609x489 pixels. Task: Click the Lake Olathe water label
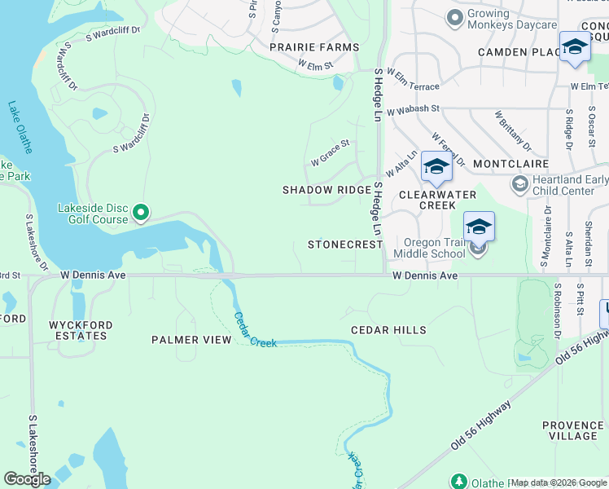[20, 127]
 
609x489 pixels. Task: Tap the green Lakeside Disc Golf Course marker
[140, 214]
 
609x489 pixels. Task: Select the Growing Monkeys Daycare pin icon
[454, 16]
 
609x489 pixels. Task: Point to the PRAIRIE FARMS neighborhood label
[314, 47]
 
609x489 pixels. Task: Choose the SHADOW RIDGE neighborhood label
[326, 190]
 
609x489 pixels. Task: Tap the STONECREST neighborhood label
[344, 244]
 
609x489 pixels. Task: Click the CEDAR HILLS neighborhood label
[388, 330]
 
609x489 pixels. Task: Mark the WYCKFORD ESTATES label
[80, 332]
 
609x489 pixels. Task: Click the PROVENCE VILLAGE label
[573, 430]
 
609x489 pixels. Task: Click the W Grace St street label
[330, 152]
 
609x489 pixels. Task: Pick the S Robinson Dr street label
[559, 311]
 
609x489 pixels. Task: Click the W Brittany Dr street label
[512, 130]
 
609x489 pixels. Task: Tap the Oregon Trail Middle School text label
[428, 249]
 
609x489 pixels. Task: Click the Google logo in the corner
[27, 479]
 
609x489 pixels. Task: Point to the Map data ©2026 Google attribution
[559, 482]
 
